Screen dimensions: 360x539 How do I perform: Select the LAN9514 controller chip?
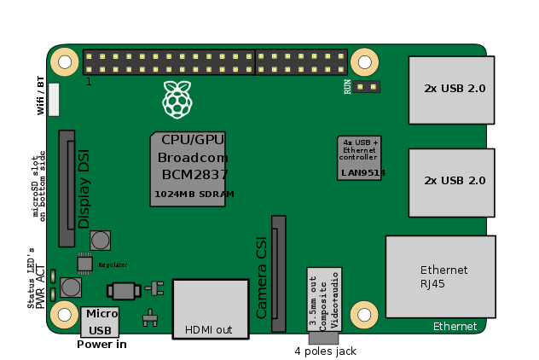pyautogui.click(x=360, y=157)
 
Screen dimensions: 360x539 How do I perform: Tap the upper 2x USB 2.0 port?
pyautogui.click(x=451, y=89)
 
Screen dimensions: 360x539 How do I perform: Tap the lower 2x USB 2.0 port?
pyautogui.click(x=451, y=181)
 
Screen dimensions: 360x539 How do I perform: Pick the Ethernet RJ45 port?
pyautogui.click(x=440, y=277)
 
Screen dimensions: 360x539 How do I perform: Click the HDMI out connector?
pyautogui.click(x=208, y=308)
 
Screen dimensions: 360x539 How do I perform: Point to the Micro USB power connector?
pyautogui.click(x=100, y=322)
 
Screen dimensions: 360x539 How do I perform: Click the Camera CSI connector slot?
pyautogui.click(x=278, y=273)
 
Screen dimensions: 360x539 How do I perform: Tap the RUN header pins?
pyautogui.click(x=368, y=87)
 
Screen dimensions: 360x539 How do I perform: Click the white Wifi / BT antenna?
pyautogui.click(x=55, y=99)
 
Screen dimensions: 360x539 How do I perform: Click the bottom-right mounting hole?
pyautogui.click(x=366, y=314)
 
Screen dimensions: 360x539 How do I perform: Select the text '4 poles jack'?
pyautogui.click(x=324, y=351)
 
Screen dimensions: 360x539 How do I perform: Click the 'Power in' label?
pyautogui.click(x=101, y=345)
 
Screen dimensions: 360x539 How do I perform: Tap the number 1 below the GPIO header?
pyautogui.click(x=88, y=82)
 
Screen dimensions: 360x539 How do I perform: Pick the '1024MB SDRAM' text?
pyautogui.click(x=194, y=195)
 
